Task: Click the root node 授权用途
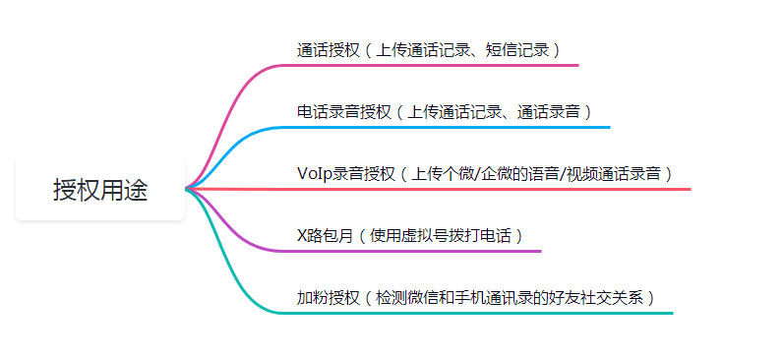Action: pos(100,190)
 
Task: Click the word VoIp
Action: pos(314,173)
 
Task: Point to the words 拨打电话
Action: pos(485,235)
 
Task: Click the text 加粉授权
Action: pos(329,297)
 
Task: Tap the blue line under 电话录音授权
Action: pos(443,127)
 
